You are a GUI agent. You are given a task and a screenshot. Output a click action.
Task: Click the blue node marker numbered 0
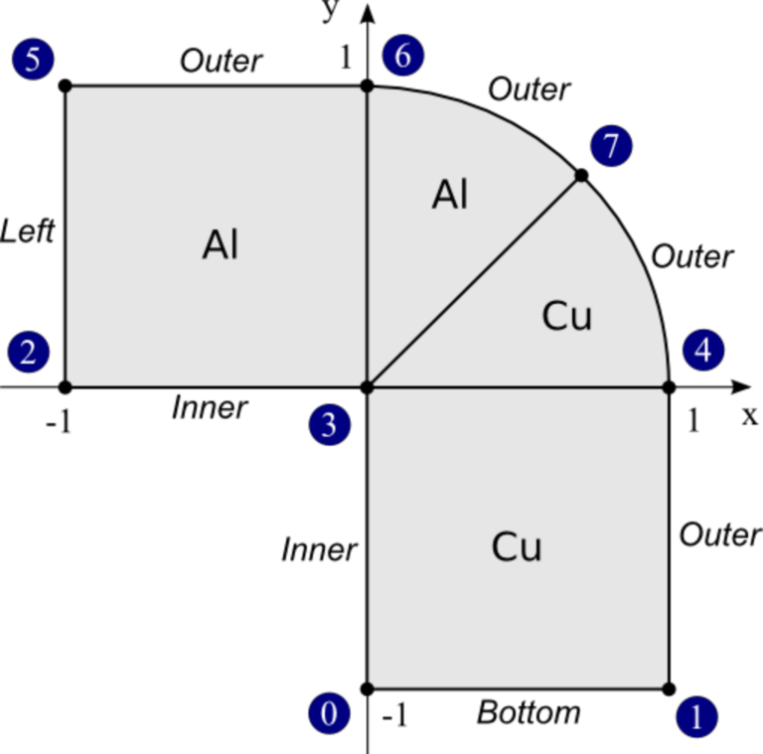coord(329,713)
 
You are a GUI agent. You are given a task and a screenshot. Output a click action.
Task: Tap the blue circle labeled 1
coord(696,716)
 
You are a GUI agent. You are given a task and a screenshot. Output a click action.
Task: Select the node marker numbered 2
coord(28,352)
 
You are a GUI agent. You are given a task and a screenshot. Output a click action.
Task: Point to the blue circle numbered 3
coord(329,425)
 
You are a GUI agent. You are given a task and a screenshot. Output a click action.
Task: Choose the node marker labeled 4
coord(703,351)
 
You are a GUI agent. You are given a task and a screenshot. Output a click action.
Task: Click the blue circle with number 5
coord(33,60)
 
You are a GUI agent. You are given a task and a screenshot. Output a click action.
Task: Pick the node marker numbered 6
coord(402,56)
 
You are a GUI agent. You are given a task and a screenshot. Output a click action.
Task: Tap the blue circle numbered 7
coord(611,146)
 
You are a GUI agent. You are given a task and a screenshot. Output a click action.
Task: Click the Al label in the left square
coord(221,244)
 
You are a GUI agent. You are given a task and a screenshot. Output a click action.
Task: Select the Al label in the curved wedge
coord(450,196)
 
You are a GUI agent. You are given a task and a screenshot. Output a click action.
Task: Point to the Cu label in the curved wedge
coord(567,317)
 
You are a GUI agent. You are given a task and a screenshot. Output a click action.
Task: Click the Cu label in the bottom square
coord(517,547)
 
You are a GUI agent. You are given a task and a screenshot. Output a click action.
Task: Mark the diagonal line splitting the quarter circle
coord(472,282)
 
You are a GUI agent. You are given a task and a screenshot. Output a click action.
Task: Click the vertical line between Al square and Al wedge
coord(368,238)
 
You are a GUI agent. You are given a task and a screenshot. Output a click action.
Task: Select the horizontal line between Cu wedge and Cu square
coord(517,387)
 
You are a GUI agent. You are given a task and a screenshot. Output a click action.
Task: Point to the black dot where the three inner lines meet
coord(368,385)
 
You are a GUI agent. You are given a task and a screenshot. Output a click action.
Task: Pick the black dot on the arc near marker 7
coord(579,177)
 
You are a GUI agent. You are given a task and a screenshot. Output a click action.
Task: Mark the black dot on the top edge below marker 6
coord(368,88)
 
